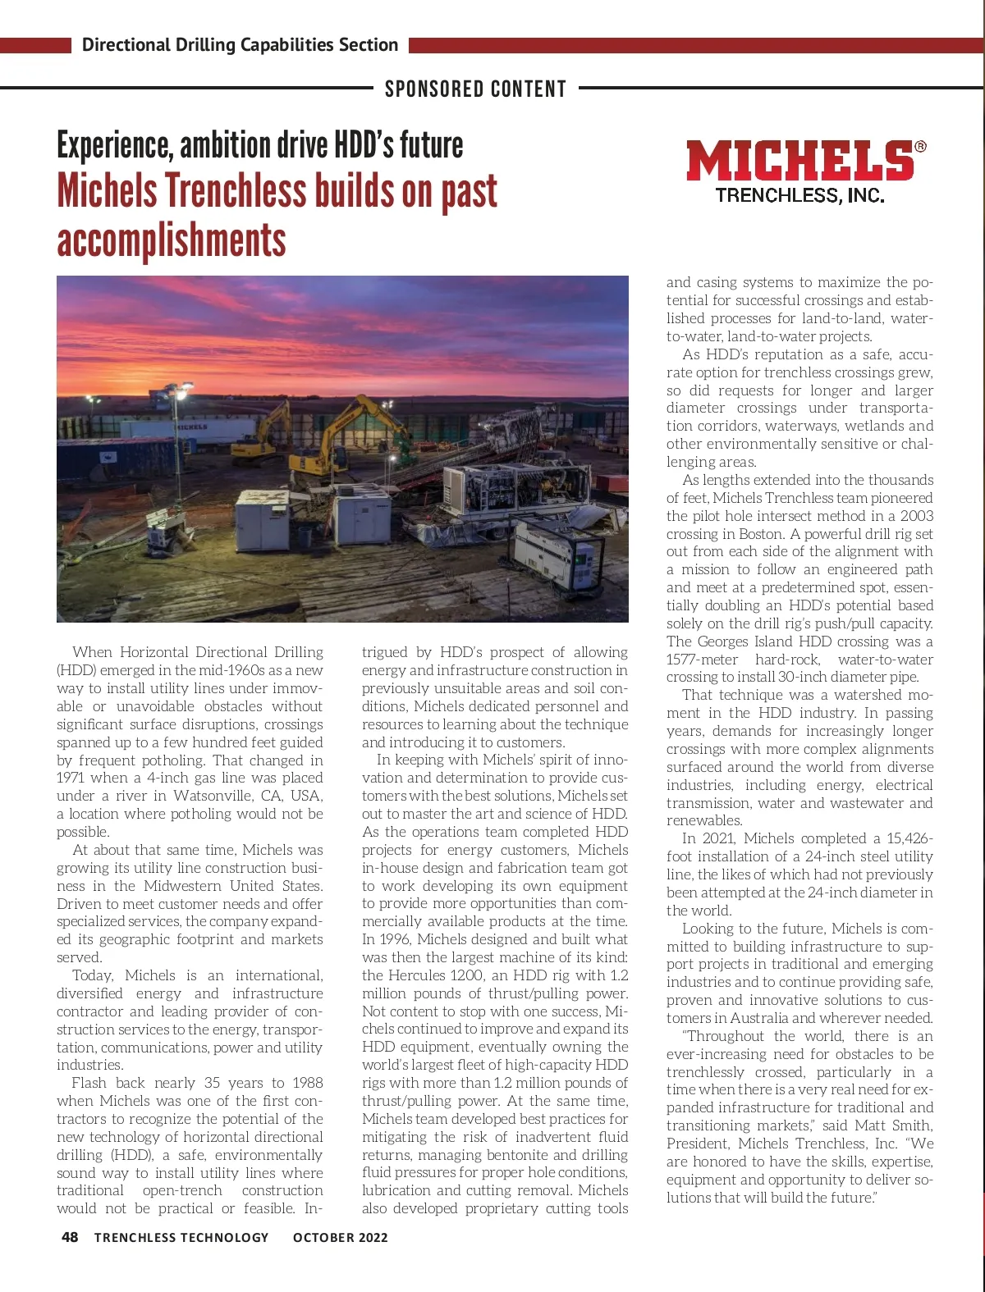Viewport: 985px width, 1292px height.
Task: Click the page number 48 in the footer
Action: [x=70, y=1237]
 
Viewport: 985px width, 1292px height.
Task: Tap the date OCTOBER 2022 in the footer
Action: [x=340, y=1238]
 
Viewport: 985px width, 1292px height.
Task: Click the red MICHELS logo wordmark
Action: [x=799, y=161]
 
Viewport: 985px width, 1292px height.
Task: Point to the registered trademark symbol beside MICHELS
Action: [x=920, y=147]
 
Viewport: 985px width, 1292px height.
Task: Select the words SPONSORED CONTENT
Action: [x=475, y=89]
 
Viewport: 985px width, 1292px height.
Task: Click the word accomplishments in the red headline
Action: [x=172, y=241]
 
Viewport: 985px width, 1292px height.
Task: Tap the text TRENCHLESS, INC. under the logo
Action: [x=799, y=195]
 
